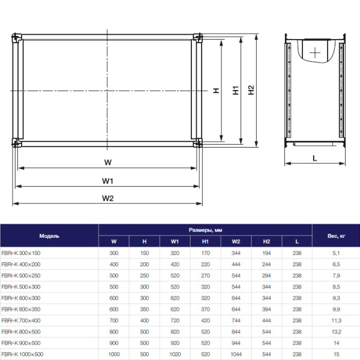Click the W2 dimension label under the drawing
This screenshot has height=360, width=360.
pos(107,198)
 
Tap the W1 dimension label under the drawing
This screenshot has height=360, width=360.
pos(107,181)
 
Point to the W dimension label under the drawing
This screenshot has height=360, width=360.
pos(107,163)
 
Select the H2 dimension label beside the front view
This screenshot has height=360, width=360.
pos(252,91)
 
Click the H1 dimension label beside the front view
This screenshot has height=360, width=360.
pos(237,91)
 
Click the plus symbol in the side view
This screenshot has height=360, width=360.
pos(315,52)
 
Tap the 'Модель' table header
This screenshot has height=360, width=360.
pos(49,236)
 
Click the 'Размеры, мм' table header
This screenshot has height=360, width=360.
pos(205,230)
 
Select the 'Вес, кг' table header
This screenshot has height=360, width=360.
pos(336,236)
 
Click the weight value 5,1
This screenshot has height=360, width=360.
pos(336,253)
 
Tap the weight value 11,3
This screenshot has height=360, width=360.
pos(336,320)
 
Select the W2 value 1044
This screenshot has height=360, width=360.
pos(236,354)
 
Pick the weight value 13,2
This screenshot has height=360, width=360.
pos(336,332)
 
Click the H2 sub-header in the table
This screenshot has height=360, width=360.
pos(266,242)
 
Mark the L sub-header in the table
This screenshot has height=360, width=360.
pos(297,242)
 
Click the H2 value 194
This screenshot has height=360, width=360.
pos(266,253)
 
